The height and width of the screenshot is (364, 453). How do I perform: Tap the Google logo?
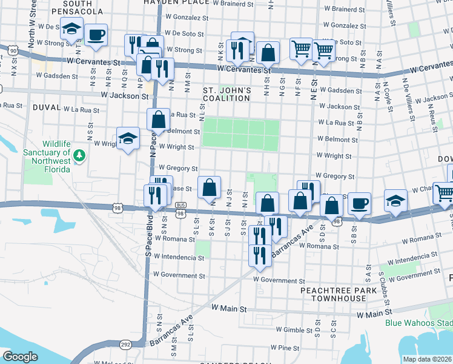point(20,357)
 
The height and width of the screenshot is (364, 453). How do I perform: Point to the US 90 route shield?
point(13,51)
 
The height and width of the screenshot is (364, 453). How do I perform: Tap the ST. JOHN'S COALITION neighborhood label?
point(226,95)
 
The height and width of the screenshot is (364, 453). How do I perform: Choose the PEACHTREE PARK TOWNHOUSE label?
point(334,295)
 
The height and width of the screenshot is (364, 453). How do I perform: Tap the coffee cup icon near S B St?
point(359,204)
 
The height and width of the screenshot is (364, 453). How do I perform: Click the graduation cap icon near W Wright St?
point(128,139)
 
